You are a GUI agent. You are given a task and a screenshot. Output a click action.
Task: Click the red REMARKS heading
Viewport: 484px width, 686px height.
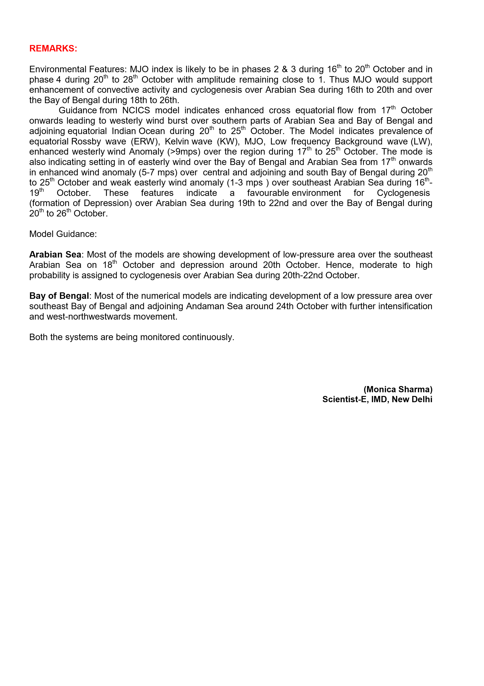point(53,48)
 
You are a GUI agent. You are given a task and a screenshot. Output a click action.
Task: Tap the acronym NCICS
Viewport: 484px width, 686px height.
point(136,111)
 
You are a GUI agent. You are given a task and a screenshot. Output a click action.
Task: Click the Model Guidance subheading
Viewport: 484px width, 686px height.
point(63,234)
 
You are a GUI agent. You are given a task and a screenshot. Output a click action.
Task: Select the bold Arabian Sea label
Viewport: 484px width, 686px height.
point(55,255)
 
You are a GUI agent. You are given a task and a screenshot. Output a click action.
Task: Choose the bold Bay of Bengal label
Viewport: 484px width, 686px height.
point(59,296)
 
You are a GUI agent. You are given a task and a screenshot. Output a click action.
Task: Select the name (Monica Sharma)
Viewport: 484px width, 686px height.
point(398,389)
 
